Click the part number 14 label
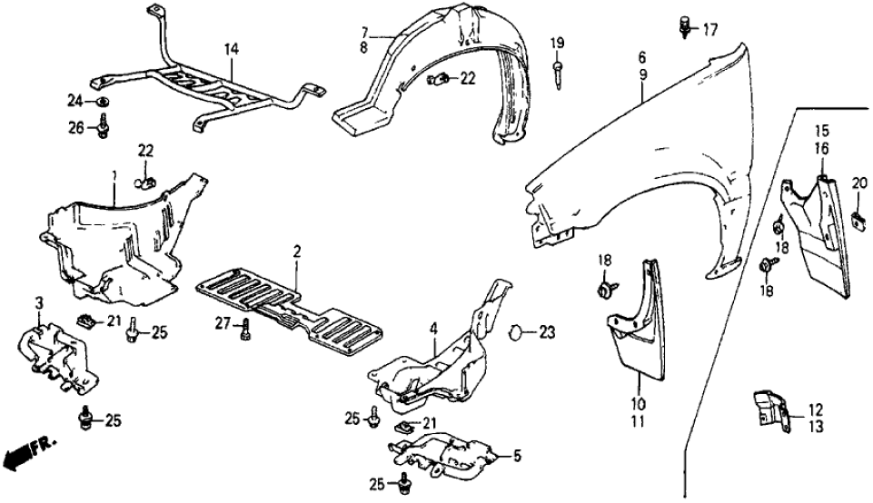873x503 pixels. click(x=232, y=46)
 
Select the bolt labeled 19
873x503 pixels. click(x=557, y=72)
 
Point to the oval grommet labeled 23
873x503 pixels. click(x=515, y=332)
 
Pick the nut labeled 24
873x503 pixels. click(x=103, y=99)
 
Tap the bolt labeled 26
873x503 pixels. click(x=103, y=129)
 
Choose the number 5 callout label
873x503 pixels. click(x=519, y=456)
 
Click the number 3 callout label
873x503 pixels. click(x=39, y=301)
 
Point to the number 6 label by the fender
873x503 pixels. click(x=641, y=57)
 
